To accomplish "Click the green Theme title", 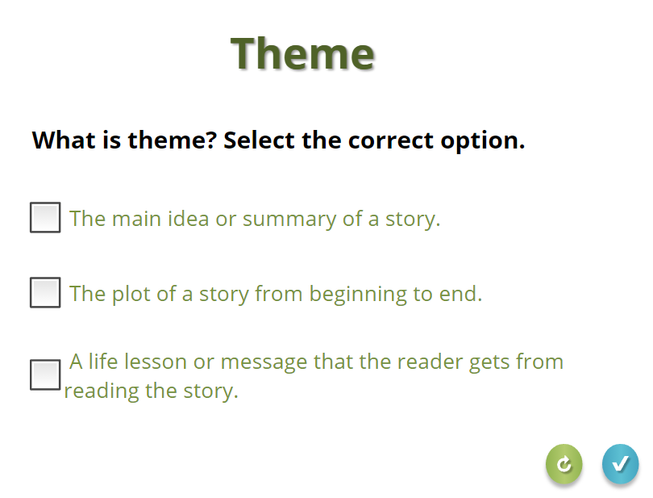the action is click(x=303, y=53).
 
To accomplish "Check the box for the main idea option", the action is click(x=45, y=217).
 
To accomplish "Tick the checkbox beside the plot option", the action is click(x=45, y=292).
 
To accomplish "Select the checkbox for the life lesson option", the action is click(x=45, y=375).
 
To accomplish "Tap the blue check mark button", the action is click(x=620, y=464).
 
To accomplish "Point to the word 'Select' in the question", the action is click(x=259, y=140).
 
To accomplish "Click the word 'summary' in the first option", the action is click(x=289, y=220).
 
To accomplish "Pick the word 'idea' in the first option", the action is click(x=188, y=218).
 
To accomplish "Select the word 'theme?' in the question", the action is click(x=173, y=140).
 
